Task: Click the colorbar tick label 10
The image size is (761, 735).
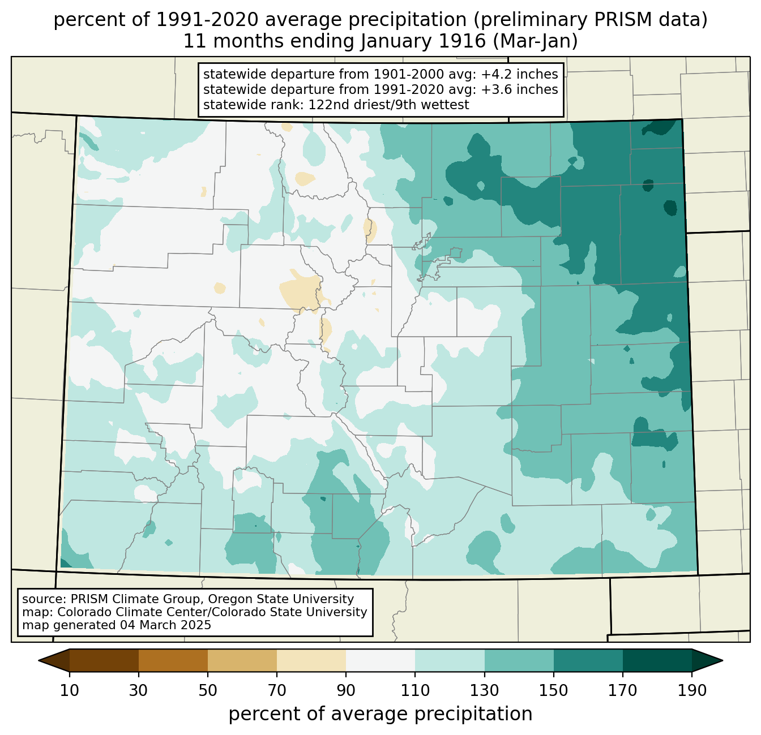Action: pyautogui.click(x=69, y=691)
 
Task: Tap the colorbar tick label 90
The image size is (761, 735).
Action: pyautogui.click(x=346, y=691)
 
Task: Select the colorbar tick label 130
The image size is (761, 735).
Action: pyautogui.click(x=484, y=691)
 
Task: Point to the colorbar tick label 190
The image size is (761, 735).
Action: pyautogui.click(x=692, y=691)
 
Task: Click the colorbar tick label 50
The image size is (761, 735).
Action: pyautogui.click(x=208, y=691)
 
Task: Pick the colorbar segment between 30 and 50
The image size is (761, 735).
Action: pyautogui.click(x=173, y=660)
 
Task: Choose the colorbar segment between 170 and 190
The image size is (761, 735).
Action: pyautogui.click(x=657, y=660)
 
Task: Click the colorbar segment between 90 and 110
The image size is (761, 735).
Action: pyautogui.click(x=380, y=660)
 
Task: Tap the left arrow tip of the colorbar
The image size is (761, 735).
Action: pyautogui.click(x=39, y=661)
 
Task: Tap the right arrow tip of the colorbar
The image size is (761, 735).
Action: pyautogui.click(x=722, y=661)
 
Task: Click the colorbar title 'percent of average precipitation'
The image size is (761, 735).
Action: pyautogui.click(x=380, y=714)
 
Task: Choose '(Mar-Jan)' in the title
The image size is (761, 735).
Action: pyautogui.click(x=535, y=41)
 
